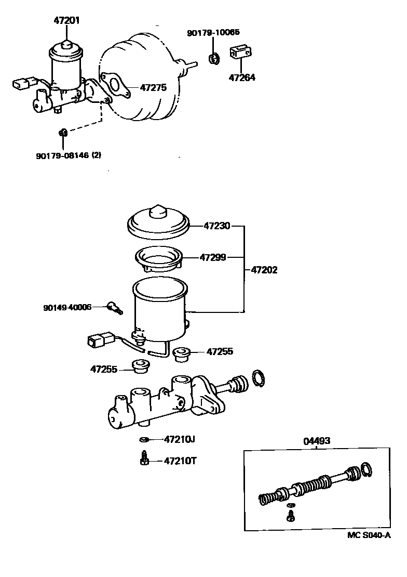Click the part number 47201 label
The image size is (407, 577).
(67, 21)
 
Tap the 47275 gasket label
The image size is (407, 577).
(153, 88)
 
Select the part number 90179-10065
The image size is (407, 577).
(213, 33)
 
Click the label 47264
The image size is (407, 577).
(242, 78)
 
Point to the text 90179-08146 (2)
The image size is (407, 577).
(69, 155)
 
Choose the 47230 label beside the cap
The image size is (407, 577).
(216, 226)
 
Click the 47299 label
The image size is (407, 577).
(212, 257)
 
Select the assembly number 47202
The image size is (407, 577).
(264, 270)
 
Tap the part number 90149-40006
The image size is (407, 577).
(67, 307)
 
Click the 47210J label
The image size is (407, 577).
(179, 439)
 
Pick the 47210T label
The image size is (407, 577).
(180, 461)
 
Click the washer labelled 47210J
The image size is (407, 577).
(144, 440)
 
